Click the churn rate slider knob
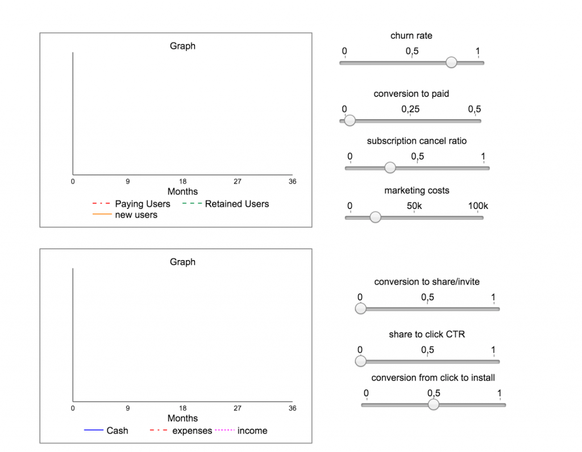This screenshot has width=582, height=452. click(451, 62)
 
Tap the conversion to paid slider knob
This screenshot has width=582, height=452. click(350, 120)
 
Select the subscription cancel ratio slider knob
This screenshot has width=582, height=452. click(390, 168)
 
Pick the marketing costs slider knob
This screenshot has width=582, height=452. click(375, 217)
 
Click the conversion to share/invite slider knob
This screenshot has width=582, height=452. click(360, 309)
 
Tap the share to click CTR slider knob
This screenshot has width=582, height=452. click(360, 361)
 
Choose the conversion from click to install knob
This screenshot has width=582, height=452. click(434, 404)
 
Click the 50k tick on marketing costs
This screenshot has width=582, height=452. click(414, 206)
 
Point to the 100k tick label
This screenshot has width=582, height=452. click(478, 206)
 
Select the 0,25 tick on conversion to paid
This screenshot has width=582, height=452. click(410, 109)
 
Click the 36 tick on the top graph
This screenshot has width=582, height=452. click(292, 182)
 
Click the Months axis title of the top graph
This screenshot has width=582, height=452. click(182, 192)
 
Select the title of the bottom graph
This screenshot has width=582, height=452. click(182, 262)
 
